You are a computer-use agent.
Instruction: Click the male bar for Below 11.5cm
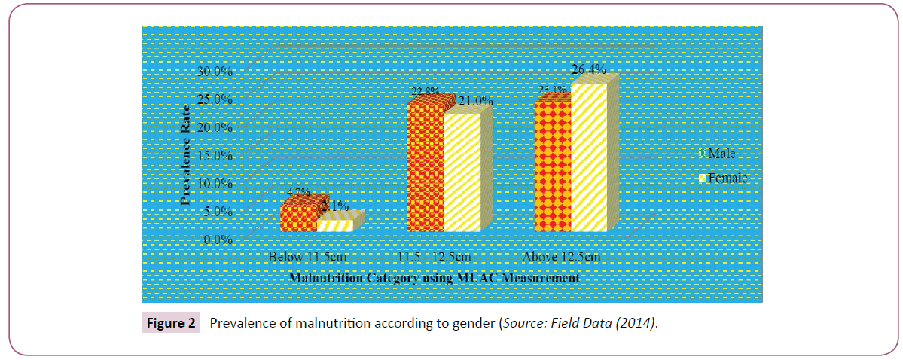click(298, 217)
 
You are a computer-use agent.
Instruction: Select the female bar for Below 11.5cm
click(334, 225)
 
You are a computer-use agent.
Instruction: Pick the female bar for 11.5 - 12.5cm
click(462, 172)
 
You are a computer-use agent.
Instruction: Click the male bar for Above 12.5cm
click(552, 166)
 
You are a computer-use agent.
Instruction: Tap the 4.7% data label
click(296, 193)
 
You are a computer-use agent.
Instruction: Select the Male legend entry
click(720, 153)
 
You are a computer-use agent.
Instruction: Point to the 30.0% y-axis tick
click(215, 72)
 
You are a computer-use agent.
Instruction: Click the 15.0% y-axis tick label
click(215, 156)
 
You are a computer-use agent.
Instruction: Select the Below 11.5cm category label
click(307, 258)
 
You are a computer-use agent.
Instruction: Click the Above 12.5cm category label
click(561, 258)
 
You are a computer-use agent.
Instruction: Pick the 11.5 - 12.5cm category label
click(434, 258)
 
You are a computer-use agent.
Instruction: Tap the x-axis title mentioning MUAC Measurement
click(434, 278)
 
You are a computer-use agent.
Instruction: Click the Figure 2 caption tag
click(170, 324)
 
